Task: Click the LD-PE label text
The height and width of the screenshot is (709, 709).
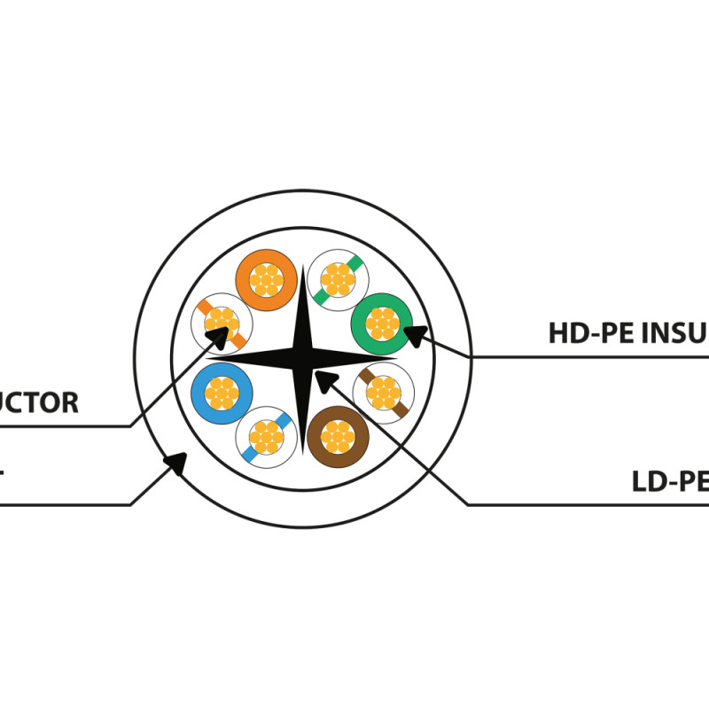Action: [670, 481]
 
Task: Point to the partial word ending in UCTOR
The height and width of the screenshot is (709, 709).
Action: [39, 403]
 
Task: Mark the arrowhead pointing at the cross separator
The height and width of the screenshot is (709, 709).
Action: [324, 381]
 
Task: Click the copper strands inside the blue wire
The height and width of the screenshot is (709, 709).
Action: [222, 390]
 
